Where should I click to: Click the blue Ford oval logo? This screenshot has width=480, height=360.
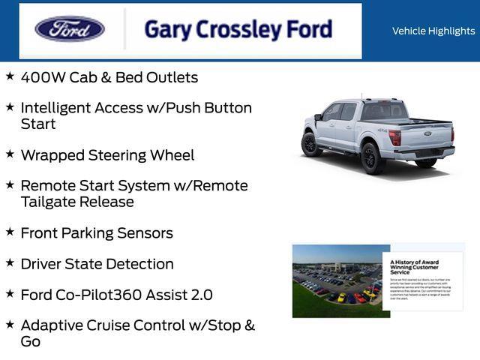point(70,29)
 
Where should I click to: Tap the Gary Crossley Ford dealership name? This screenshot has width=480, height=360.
point(238,29)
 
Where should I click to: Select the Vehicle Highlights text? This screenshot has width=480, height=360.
point(433,31)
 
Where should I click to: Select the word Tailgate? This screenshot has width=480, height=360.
point(50,202)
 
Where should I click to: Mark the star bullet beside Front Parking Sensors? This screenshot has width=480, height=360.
point(10,232)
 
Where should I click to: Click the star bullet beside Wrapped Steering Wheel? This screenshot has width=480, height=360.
point(10,154)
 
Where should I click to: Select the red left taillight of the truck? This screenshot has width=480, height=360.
point(394,138)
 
